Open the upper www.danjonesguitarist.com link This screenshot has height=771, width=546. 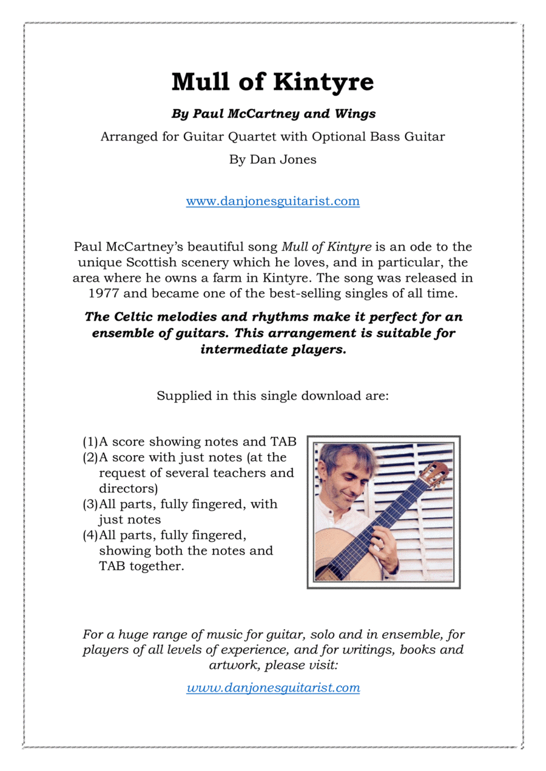point(272,201)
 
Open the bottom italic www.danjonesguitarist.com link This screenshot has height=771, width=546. point(273,688)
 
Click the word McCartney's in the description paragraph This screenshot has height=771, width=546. point(144,247)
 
